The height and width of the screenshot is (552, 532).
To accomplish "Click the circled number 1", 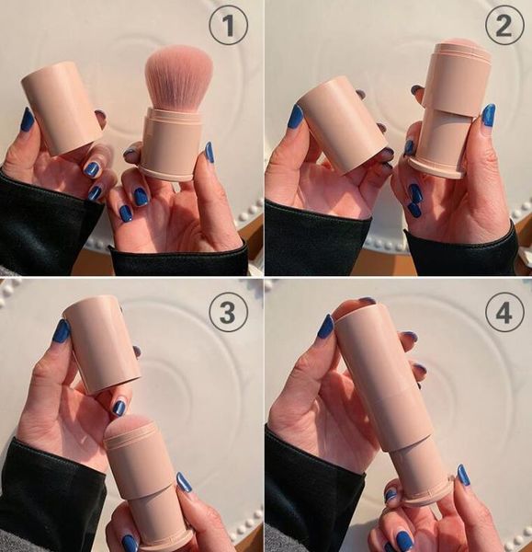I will [228, 25].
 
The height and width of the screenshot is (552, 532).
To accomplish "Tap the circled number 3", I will [228, 311].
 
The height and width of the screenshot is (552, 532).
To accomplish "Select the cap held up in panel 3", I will [101, 343].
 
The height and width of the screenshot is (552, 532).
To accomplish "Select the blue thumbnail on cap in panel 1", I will [27, 120].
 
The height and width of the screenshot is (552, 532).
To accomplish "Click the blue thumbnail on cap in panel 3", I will [61, 330].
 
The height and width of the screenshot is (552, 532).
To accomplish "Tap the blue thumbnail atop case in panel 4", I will [325, 326].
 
